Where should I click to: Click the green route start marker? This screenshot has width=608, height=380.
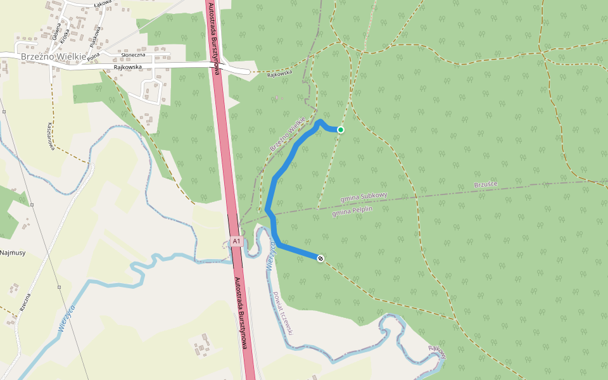(x=340, y=130)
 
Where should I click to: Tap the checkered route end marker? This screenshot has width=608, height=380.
(x=321, y=258)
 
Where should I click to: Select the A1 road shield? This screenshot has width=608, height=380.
(x=236, y=241)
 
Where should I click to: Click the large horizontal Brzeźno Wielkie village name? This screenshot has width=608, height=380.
(x=54, y=56)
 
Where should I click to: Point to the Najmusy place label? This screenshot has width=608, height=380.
(x=12, y=253)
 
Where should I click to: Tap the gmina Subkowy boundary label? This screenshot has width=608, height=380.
(x=364, y=198)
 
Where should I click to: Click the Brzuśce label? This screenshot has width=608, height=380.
(x=486, y=184)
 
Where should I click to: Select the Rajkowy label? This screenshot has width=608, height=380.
(x=438, y=351)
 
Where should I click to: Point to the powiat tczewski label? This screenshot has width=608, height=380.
(x=283, y=313)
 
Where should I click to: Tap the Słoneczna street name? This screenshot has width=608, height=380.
(x=133, y=55)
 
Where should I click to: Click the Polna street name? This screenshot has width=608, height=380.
(x=94, y=58)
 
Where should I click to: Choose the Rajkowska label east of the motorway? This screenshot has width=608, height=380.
(x=279, y=73)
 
